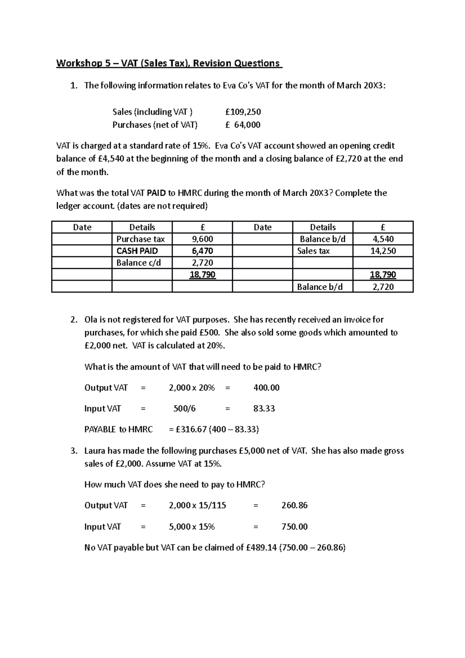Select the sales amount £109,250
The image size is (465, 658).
click(x=243, y=112)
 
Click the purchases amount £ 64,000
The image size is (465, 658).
click(x=243, y=125)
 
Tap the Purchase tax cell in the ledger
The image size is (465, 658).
click(x=140, y=239)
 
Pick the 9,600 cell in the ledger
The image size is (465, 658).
click(x=202, y=239)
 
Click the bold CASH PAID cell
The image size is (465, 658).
click(x=137, y=251)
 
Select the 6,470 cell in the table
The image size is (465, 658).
click(x=202, y=251)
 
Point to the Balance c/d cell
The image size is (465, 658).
click(x=138, y=263)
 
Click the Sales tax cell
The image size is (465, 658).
click(x=313, y=251)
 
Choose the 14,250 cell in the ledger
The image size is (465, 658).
click(x=383, y=251)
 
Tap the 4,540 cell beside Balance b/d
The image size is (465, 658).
click(x=383, y=239)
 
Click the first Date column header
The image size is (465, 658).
click(x=82, y=227)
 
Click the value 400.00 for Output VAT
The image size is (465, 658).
click(x=266, y=388)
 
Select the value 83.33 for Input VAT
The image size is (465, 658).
click(x=264, y=408)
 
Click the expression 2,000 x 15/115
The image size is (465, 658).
click(x=197, y=505)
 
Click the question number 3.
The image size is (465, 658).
click(x=73, y=451)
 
